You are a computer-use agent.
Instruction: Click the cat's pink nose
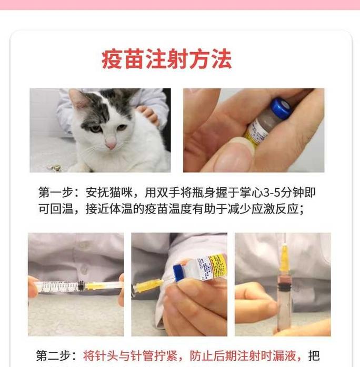(x=111, y=144)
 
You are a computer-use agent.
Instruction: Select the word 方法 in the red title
(x=215, y=59)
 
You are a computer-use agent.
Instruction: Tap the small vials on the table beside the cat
(x=54, y=168)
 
